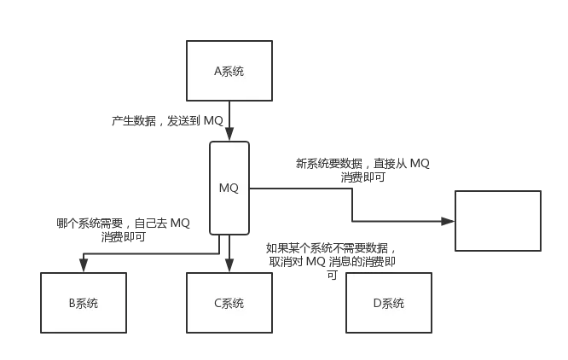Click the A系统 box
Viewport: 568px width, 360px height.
point(229,71)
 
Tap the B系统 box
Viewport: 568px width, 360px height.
point(83,303)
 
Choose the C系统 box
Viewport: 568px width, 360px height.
point(229,303)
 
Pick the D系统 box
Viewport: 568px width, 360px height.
point(388,303)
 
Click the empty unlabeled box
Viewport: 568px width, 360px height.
point(497,221)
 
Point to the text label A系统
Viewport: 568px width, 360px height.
point(229,71)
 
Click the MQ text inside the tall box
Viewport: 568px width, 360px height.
point(229,188)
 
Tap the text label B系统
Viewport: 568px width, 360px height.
point(83,304)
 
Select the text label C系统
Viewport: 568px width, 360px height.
point(229,304)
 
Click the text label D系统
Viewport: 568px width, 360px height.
point(388,304)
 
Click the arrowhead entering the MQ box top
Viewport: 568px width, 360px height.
point(229,135)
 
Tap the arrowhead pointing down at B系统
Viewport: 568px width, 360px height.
point(83,266)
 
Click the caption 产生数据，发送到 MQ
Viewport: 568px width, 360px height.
point(167,120)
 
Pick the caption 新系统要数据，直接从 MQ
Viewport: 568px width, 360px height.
point(362,162)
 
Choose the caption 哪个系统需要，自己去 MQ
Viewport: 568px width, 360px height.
point(124,224)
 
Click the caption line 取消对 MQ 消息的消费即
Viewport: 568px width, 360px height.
point(331,262)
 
